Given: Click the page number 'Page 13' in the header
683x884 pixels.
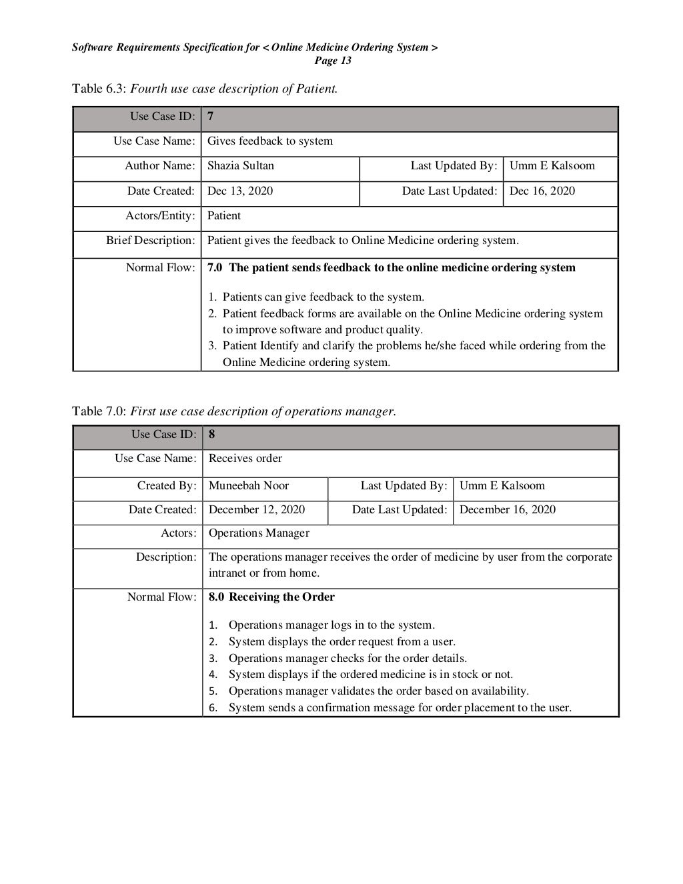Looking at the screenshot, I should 332,61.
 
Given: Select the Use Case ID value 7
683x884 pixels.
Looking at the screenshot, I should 211,117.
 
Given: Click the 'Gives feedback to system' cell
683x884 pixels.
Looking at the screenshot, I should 270,141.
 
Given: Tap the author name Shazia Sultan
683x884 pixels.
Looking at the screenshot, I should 241,166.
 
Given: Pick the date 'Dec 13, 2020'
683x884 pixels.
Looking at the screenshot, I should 240,191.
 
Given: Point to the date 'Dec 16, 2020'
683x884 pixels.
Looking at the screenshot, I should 542,191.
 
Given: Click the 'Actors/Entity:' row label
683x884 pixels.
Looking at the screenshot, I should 160,216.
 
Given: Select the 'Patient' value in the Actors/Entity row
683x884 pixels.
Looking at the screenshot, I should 224,216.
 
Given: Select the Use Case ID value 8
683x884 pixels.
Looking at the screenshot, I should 212,435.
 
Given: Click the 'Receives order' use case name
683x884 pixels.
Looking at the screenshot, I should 245,459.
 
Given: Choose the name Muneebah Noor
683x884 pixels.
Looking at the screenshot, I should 249,486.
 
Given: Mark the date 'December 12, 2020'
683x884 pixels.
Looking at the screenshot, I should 257,510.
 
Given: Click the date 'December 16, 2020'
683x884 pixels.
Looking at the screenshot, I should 508,510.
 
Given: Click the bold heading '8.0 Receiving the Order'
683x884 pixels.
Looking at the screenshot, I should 271,597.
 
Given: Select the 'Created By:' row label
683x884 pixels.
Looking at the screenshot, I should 167,486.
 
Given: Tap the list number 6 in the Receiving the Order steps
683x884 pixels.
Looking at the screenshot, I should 213,708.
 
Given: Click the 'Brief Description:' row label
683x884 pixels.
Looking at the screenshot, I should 151,241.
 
